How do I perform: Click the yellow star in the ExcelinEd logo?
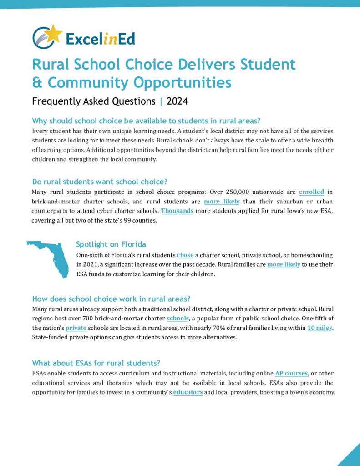(x=54, y=32)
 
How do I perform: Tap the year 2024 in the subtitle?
(x=177, y=101)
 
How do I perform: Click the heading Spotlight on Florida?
(x=111, y=244)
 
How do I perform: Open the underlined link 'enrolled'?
(x=311, y=192)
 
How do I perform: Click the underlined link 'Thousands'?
(x=177, y=211)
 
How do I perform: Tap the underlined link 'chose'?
(x=185, y=255)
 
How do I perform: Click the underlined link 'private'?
(x=76, y=328)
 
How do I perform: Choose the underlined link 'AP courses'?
(x=292, y=374)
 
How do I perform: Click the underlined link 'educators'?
(x=188, y=392)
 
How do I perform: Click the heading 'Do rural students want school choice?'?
(x=100, y=182)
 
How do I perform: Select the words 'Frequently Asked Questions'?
(x=94, y=101)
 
